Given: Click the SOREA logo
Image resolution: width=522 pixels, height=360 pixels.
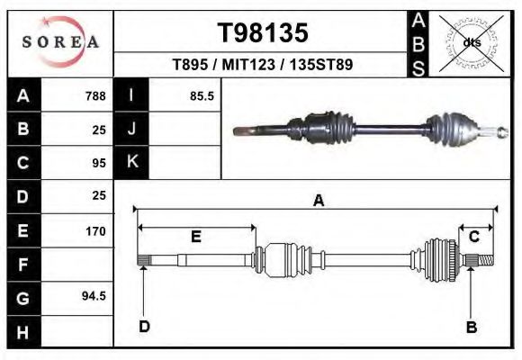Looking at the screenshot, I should coord(61,43).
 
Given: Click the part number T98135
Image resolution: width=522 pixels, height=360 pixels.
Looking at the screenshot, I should coord(263,32).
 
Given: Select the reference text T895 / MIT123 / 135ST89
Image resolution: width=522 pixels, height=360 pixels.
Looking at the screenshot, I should coord(262,65).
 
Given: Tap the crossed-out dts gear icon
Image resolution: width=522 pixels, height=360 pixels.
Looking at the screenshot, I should coord(472,42).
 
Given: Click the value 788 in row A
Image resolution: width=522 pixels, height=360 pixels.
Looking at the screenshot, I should coord(95,95).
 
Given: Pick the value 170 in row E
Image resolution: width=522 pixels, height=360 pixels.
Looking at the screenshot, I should coord(95,231).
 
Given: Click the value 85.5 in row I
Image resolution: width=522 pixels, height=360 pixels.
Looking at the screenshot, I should coord(202,95).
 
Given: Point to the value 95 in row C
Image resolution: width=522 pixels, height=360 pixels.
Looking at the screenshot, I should coord(99,163).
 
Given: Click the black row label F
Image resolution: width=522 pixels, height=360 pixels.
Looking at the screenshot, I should coord(23,265).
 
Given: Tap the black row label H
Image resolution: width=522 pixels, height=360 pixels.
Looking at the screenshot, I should coord(23,332).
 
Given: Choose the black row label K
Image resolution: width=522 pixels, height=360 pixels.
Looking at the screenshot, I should coord(131,162).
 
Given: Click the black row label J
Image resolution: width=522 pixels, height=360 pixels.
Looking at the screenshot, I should coord(131,129).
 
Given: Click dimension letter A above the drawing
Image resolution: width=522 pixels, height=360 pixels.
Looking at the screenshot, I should coord(318,202).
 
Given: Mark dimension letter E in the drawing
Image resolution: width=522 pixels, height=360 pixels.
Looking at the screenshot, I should coord(195,237).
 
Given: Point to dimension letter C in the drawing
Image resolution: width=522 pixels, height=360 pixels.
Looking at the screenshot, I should coord(473,237).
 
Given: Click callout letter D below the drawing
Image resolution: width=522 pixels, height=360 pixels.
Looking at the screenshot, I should coord(144,327).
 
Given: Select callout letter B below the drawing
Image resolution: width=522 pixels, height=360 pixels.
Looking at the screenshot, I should coord(471,327).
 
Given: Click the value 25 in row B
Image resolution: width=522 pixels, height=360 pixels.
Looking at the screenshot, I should coord(99,130).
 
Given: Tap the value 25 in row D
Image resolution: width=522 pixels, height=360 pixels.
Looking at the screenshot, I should coord(99,195).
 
